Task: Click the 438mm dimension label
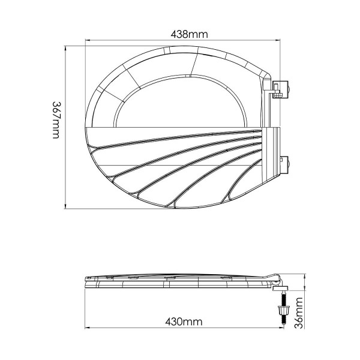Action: point(189,34)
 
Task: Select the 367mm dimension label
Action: point(56,120)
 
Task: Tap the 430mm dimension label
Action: point(184,322)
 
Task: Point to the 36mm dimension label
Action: point(299,313)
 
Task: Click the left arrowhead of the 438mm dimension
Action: point(87,40)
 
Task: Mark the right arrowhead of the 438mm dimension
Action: point(278,40)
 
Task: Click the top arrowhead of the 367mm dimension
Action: point(65,48)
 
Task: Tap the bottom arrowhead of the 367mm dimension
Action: point(65,206)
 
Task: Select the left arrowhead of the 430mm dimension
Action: point(87,328)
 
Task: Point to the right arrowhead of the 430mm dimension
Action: point(282,328)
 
